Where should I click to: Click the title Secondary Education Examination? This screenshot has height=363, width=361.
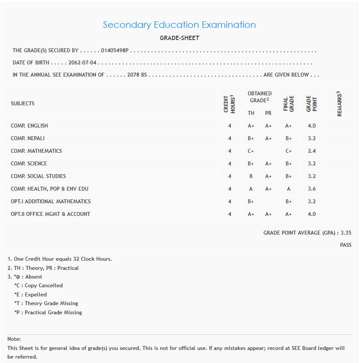point(179,25)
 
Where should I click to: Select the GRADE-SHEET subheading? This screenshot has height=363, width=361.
point(179,38)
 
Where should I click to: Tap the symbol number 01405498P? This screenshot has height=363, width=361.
point(115,51)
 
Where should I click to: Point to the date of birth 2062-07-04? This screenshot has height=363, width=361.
point(82,63)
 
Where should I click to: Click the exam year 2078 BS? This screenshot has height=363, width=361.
point(137,75)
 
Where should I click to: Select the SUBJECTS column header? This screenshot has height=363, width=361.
point(23,104)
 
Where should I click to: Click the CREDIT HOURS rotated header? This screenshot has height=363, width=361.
point(229,104)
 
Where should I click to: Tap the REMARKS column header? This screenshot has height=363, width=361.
point(339,104)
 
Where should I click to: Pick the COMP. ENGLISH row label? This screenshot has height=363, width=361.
point(30,126)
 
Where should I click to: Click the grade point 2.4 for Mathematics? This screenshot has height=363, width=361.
point(311,151)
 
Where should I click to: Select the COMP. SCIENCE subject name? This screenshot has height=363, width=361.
point(29,164)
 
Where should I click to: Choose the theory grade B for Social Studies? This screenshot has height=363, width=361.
point(251,176)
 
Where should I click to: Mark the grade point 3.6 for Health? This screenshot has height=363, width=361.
point(311,189)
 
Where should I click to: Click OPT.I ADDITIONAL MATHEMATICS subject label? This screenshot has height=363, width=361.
point(51,202)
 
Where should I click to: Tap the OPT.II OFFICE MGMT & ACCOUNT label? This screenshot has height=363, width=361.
point(51,214)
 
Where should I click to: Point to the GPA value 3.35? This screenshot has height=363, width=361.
point(346,233)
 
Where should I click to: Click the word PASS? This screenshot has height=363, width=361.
point(346,245)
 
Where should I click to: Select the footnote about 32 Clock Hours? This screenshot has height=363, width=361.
point(60,259)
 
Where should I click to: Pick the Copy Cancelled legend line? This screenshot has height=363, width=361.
point(38,286)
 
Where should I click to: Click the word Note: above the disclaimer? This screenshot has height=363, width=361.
point(14,339)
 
